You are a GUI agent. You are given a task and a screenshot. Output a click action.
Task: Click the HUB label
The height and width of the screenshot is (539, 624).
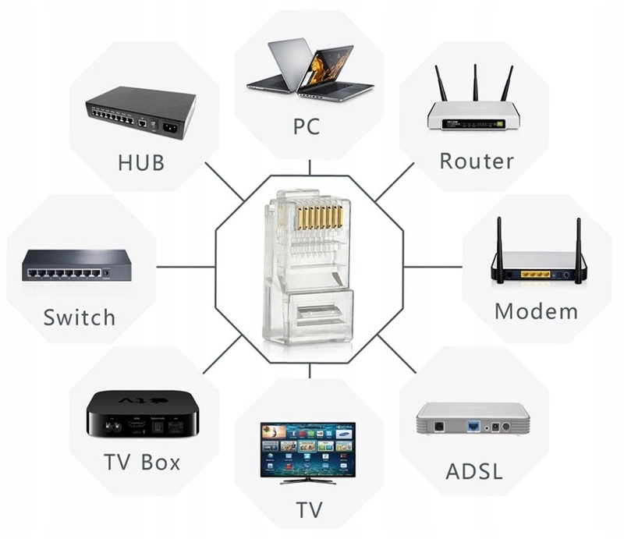pos(141,163)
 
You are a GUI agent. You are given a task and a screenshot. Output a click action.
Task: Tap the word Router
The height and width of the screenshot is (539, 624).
pos(477,161)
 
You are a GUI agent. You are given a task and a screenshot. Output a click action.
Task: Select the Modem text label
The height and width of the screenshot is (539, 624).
pos(537,311)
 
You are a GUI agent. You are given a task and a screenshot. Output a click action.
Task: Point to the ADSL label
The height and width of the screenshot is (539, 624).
pos(473,472)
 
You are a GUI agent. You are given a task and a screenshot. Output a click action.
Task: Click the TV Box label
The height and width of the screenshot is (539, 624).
pos(143,461)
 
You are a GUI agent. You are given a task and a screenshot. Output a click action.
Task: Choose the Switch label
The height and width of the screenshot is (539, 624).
pos(80,317)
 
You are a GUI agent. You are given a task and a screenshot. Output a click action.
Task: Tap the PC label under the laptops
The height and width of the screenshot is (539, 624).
pos(307,127)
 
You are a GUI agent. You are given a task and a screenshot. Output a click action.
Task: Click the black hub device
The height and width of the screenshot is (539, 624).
pos(140,112)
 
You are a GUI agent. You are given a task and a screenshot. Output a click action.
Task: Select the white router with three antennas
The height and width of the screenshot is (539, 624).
pos(473,113)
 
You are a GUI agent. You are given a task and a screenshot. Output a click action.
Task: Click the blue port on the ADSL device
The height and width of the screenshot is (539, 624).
pos(472,427)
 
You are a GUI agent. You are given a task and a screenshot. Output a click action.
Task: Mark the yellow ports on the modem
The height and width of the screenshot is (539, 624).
pos(536,274)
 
